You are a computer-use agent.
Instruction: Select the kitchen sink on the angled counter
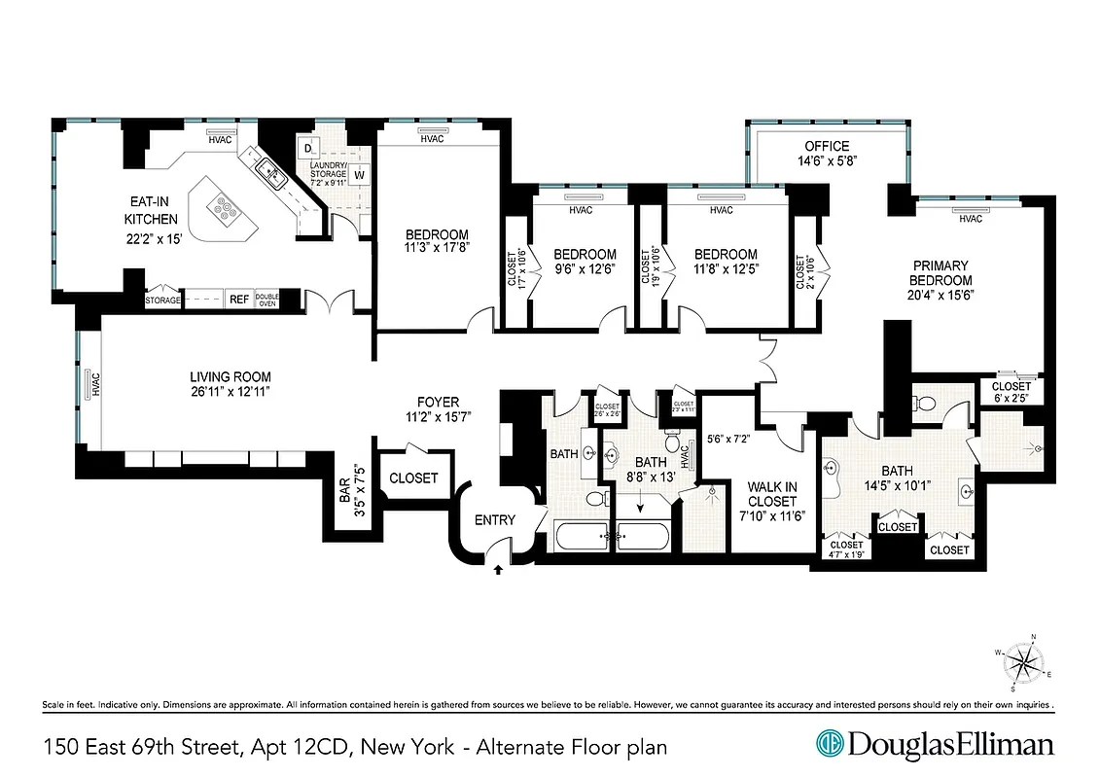pyautogui.click(x=269, y=174)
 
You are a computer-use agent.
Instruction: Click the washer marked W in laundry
pyautogui.click(x=359, y=175)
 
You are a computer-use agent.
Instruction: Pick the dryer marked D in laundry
pyautogui.click(x=308, y=148)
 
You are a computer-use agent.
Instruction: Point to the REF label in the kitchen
pyautogui.click(x=237, y=301)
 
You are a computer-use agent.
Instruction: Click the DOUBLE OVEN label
pyautogui.click(x=267, y=301)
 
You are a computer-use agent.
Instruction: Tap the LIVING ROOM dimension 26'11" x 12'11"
pyautogui.click(x=230, y=393)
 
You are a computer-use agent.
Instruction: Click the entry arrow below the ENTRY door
pyautogui.click(x=499, y=569)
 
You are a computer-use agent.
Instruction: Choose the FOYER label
pyautogui.click(x=438, y=402)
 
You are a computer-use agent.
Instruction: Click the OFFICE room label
pyautogui.click(x=827, y=147)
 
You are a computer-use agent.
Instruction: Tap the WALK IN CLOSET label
pyautogui.click(x=772, y=494)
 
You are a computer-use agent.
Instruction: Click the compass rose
pyautogui.click(x=1021, y=663)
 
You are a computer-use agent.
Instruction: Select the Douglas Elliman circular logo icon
pyautogui.click(x=829, y=745)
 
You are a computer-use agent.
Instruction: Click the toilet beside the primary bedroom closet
pyautogui.click(x=924, y=403)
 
